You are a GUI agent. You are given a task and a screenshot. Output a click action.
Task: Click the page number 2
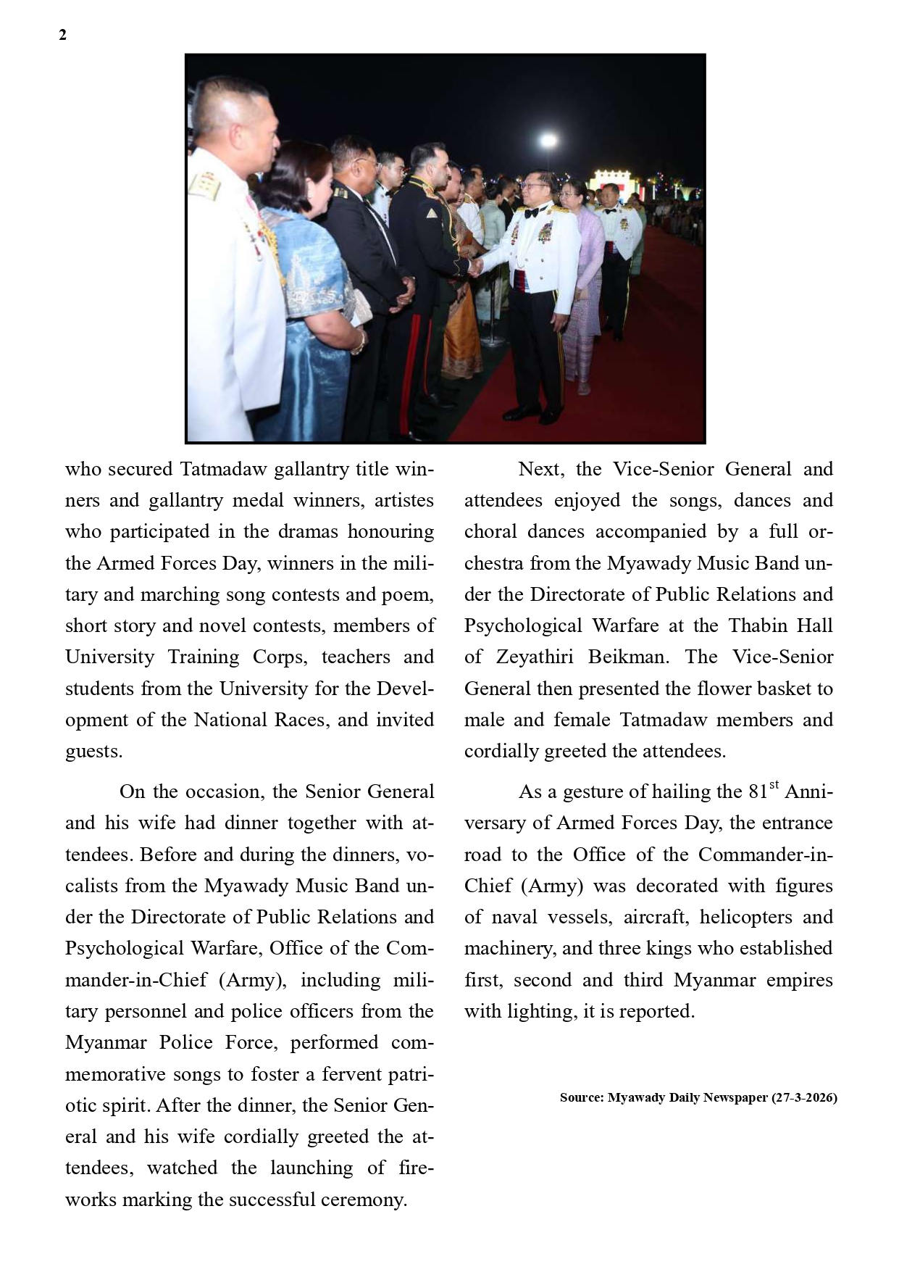click(62, 35)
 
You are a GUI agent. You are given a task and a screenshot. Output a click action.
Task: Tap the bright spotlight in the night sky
click(548, 140)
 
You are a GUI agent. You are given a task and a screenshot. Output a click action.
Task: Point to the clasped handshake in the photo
click(474, 267)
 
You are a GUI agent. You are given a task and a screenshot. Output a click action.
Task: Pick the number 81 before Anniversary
click(758, 792)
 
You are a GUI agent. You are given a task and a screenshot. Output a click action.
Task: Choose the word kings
click(673, 949)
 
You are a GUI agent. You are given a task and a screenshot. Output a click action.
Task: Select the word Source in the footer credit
click(581, 1097)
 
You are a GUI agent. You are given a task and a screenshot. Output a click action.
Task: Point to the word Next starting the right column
click(540, 469)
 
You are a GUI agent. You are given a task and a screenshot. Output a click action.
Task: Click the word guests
click(93, 752)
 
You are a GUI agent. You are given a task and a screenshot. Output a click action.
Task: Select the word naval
click(514, 918)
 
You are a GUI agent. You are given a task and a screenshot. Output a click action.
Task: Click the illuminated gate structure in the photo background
click(616, 186)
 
